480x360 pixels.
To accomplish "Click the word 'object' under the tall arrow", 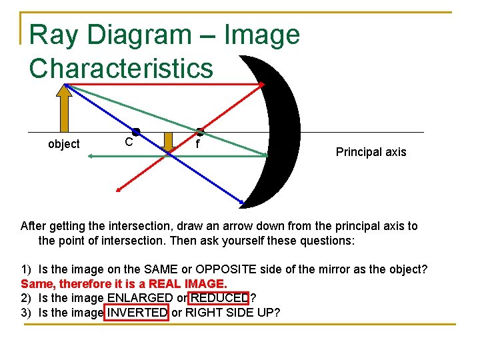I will click(x=64, y=144).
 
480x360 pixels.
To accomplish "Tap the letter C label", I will click(x=129, y=142).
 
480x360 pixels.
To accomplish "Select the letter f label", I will click(x=198, y=143).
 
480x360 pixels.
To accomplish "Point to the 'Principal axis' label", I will click(x=371, y=152).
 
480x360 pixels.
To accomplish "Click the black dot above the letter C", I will click(x=135, y=132).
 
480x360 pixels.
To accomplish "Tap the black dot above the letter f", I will click(x=199, y=132).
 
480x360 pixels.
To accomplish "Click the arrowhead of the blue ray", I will click(x=241, y=200).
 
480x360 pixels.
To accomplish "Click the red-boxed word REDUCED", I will click(x=220, y=297).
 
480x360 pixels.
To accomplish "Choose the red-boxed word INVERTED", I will click(x=137, y=312).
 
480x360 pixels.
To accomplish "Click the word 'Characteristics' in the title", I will click(x=121, y=68).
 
